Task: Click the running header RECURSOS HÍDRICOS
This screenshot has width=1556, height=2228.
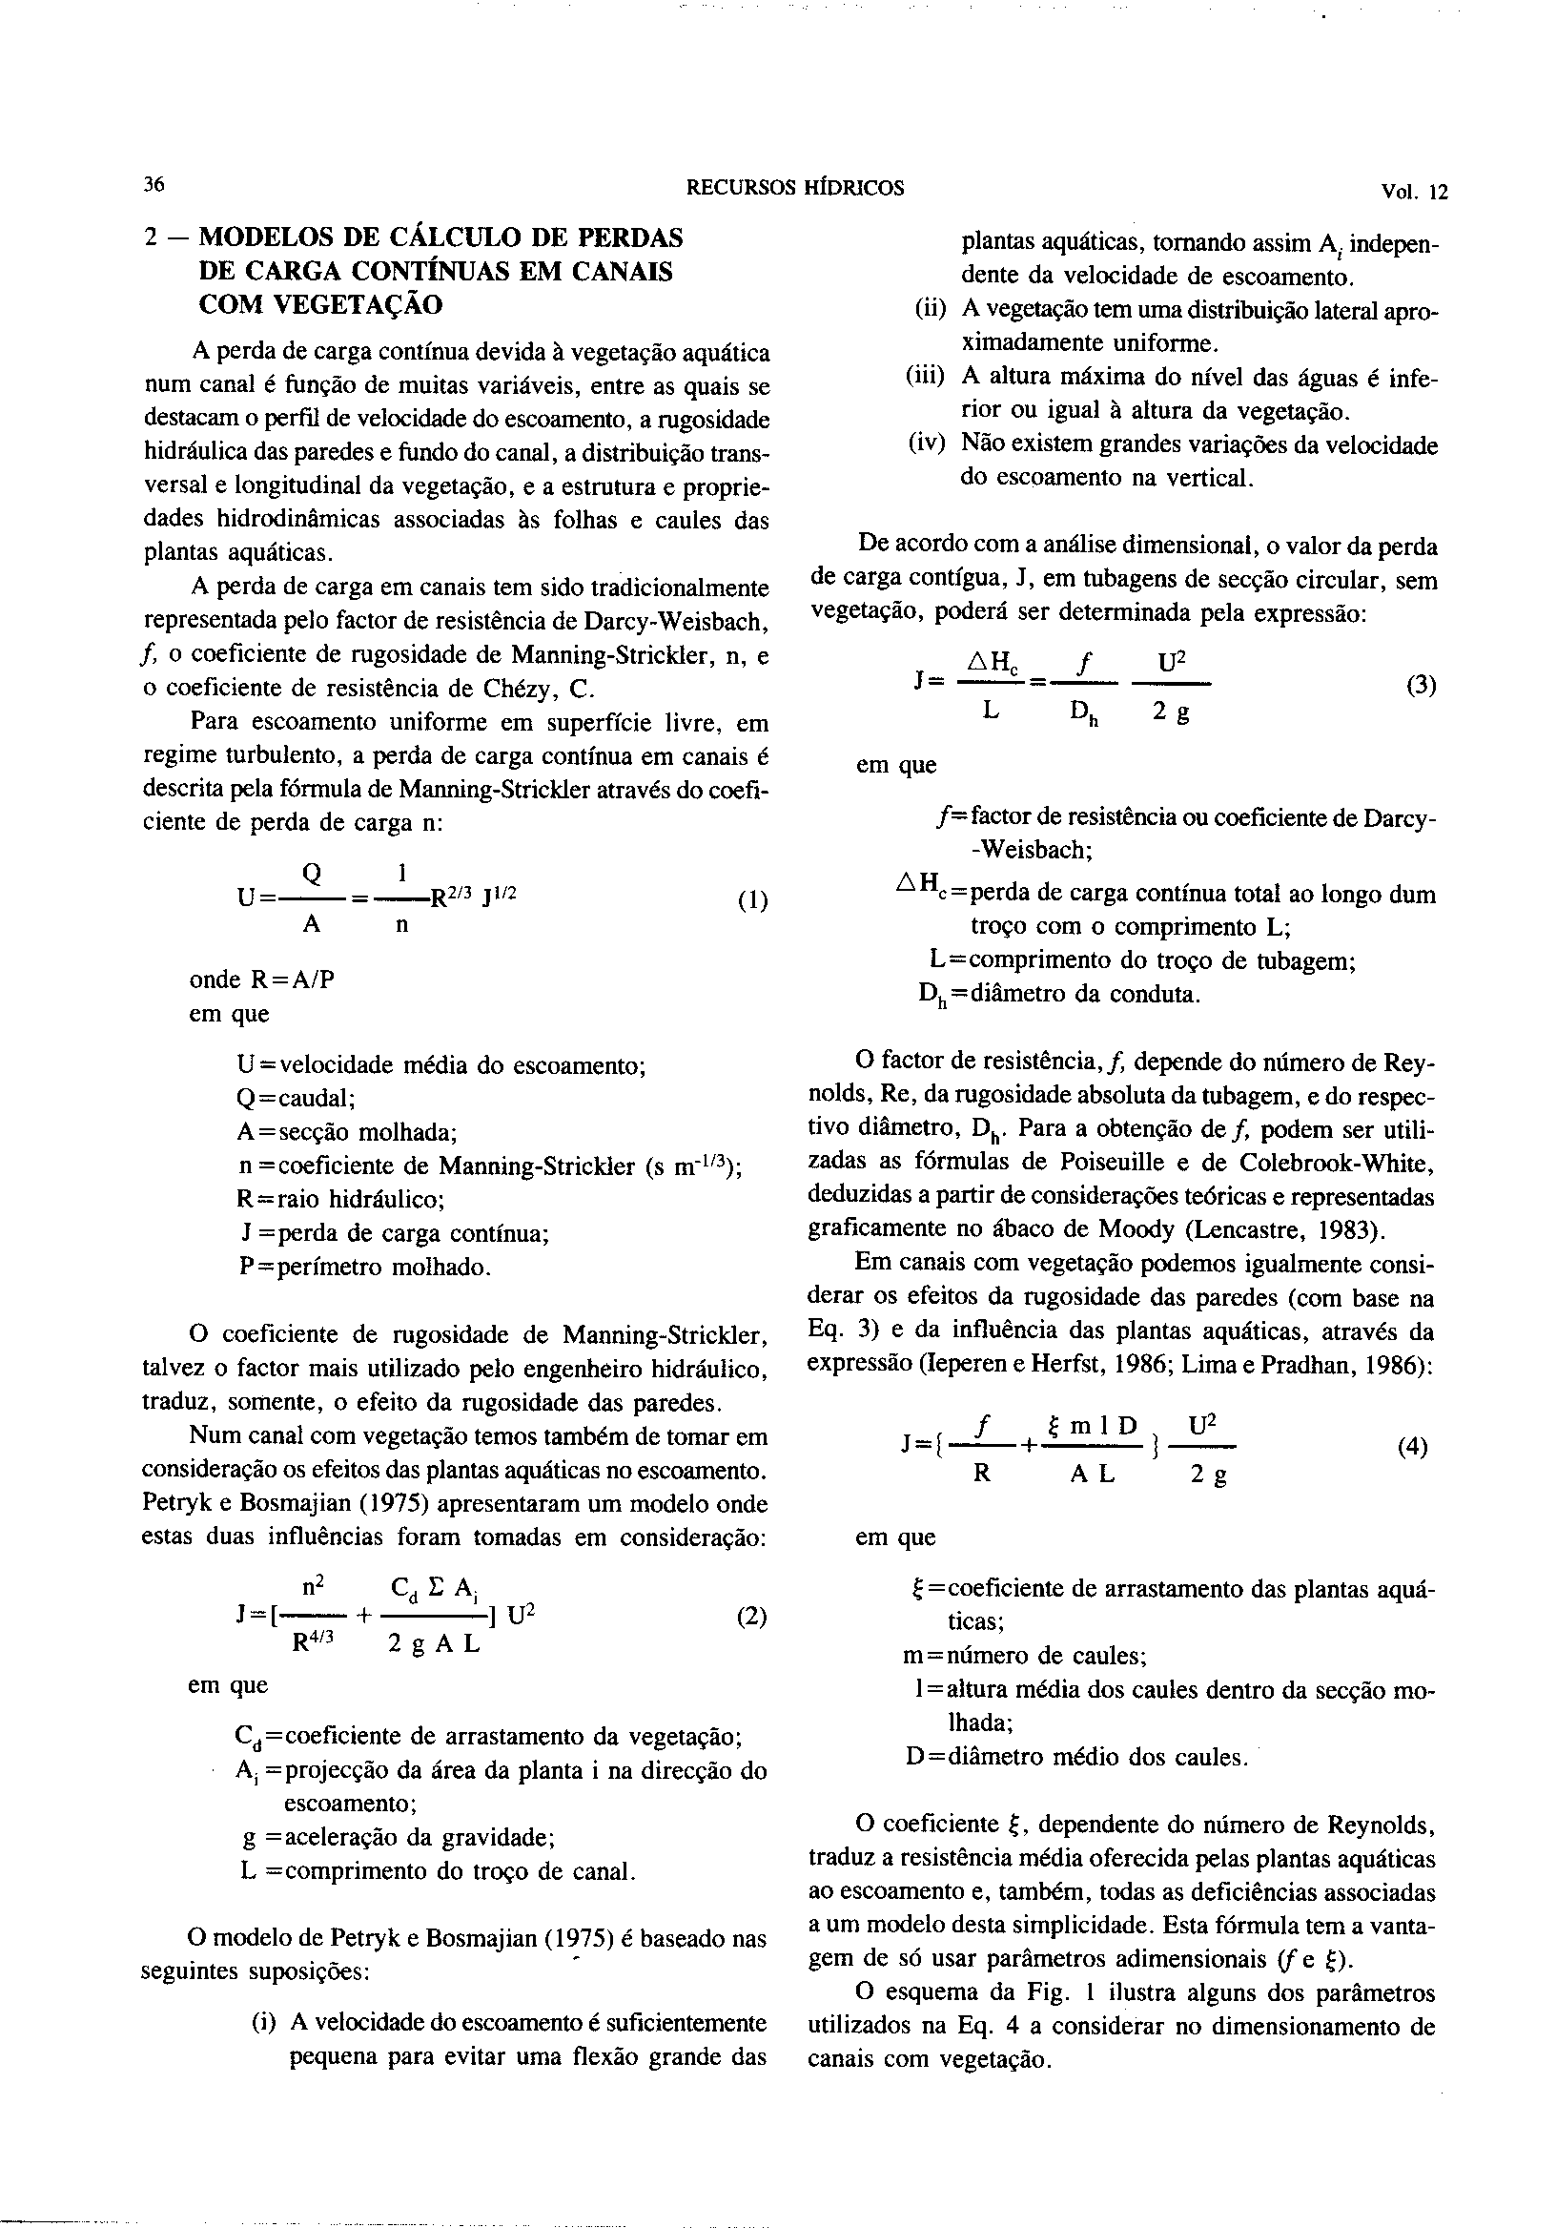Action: tap(794, 188)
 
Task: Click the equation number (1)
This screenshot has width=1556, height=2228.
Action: tap(753, 899)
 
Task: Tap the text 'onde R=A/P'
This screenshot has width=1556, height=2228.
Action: tap(262, 980)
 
